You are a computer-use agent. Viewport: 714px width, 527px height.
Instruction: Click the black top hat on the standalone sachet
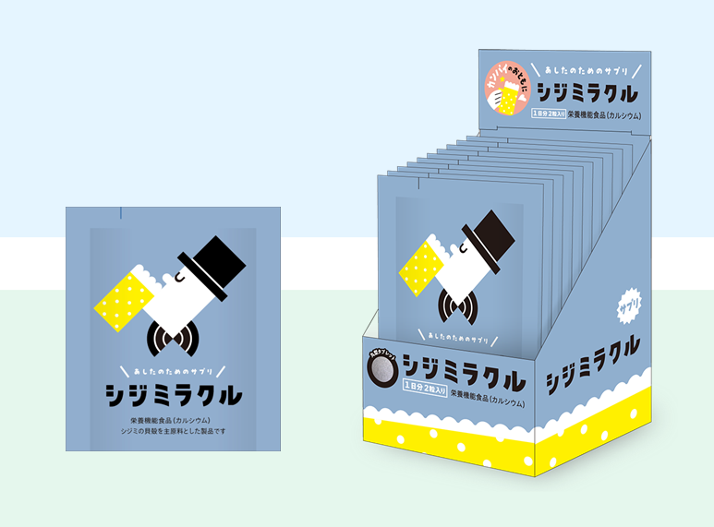[215, 264]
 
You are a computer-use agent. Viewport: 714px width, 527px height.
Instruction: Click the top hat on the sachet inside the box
[483, 241]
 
